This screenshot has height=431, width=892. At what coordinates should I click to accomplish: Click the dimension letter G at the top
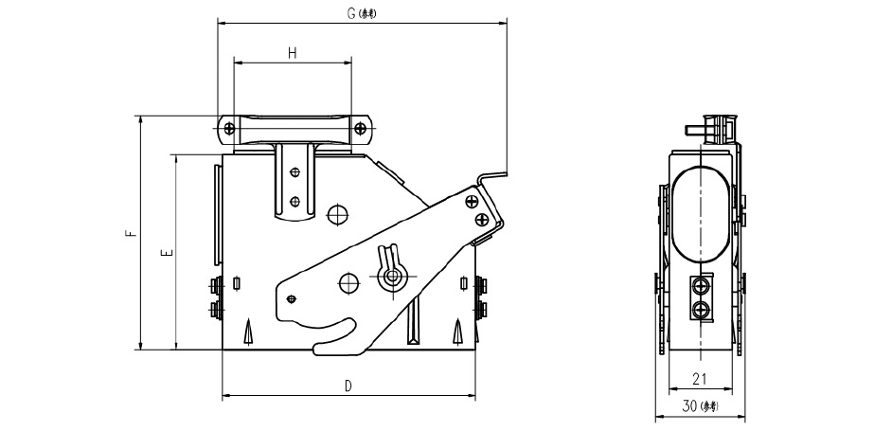coord(350,13)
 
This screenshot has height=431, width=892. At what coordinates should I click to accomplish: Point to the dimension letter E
coord(168,254)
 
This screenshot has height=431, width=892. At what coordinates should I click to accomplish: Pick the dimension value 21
coord(701,379)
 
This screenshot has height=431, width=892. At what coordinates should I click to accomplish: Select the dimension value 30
coord(690,405)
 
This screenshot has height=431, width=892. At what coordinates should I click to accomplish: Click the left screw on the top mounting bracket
coord(229,128)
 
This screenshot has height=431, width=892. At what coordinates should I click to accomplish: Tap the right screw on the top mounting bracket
coord(361,128)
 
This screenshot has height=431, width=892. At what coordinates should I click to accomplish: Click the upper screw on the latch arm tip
coord(471,201)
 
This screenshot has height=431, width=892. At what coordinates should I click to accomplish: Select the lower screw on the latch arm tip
coord(483,219)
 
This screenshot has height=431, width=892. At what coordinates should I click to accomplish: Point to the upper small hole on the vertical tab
coord(294,171)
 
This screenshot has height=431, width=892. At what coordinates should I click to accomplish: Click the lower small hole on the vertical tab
coord(294,200)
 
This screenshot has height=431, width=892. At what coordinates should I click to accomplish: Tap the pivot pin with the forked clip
coord(388,277)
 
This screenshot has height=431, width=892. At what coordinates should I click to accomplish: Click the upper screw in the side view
coord(702,286)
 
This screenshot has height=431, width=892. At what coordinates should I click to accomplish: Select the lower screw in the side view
coord(702,309)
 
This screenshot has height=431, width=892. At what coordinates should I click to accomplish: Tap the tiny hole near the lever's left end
coord(292,298)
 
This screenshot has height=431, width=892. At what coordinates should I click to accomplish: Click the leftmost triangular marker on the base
coord(249,331)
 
